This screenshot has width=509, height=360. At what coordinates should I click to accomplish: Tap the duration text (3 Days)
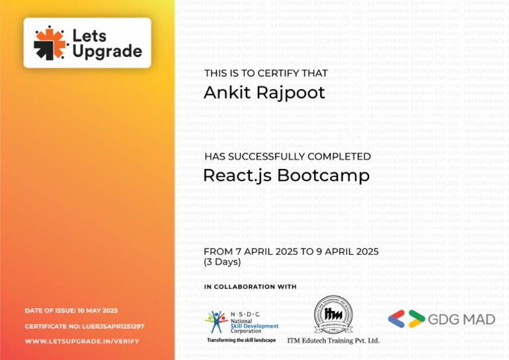pyautogui.click(x=222, y=262)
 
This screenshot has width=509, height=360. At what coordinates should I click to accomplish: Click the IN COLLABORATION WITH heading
pyautogui.click(x=250, y=286)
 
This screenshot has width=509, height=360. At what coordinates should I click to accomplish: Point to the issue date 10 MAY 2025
pyautogui.click(x=97, y=310)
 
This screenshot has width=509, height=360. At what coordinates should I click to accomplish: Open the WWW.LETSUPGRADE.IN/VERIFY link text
pyautogui.click(x=82, y=341)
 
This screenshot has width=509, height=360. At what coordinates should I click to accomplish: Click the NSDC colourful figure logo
pyautogui.click(x=216, y=322)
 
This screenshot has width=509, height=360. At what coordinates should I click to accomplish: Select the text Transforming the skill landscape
pyautogui.click(x=241, y=340)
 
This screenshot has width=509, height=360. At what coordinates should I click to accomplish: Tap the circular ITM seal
pyautogui.click(x=333, y=315)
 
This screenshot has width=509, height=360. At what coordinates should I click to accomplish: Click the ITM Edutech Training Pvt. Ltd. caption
pyautogui.click(x=333, y=341)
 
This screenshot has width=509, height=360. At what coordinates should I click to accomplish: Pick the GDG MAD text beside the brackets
pyautogui.click(x=461, y=320)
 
